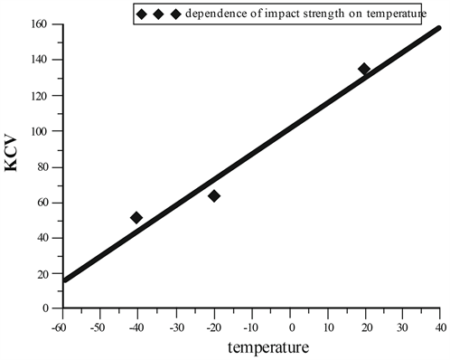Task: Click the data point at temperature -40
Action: tap(136, 217)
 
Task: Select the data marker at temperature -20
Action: tap(214, 195)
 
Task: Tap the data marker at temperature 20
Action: tap(364, 69)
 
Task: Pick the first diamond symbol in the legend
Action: tap(141, 14)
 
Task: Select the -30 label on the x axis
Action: tap(175, 325)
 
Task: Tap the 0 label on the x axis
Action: tap(291, 325)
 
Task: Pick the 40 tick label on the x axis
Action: tap(440, 325)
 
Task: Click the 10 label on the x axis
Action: tap(328, 325)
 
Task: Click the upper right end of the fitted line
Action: tap(438, 29)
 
